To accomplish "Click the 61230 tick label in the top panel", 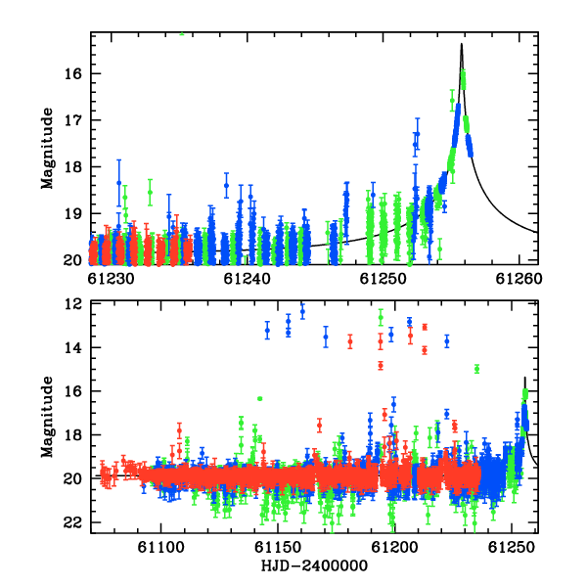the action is (x=111, y=279).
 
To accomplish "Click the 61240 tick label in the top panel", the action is (x=247, y=279).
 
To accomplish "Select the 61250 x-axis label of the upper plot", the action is (x=383, y=279).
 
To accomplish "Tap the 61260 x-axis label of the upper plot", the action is (x=519, y=279).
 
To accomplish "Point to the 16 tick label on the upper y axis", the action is (x=72, y=73).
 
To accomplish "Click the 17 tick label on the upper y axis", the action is (x=72, y=120).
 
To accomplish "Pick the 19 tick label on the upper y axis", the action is (x=72, y=213).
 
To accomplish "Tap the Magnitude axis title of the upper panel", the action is (x=47, y=149).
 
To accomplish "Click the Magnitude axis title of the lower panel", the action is (x=47, y=417).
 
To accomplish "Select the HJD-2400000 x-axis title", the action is (x=314, y=565).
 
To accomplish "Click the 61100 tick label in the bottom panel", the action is (x=161, y=548).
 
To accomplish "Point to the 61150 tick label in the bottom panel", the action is (x=278, y=548).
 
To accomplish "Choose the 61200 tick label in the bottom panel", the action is (x=394, y=548).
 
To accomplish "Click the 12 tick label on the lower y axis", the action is (x=72, y=304).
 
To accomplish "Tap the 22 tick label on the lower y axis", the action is (x=72, y=522).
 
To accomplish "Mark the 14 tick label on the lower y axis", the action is (x=72, y=347).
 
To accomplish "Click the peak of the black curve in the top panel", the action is (x=461, y=44).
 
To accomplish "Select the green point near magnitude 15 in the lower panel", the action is (x=476, y=369).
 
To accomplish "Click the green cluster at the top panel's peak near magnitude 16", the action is (x=463, y=80).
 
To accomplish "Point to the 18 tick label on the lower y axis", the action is (x=72, y=435).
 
